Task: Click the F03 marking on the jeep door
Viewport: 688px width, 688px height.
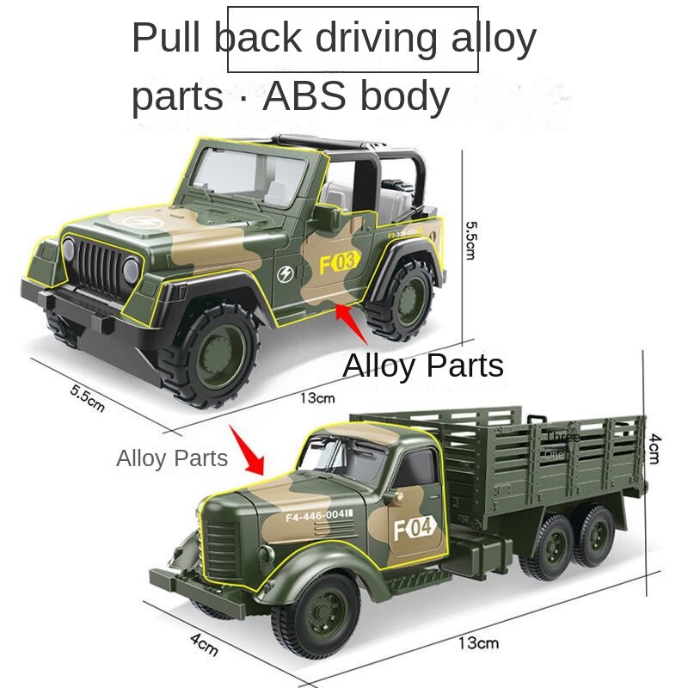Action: [338, 262]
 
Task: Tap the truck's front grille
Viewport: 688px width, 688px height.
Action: [221, 550]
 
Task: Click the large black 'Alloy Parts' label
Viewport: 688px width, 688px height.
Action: [423, 365]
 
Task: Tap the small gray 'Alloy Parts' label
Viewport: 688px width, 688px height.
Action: [172, 458]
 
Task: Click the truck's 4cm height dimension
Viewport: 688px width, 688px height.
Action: [654, 448]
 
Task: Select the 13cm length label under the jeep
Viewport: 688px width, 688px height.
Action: [317, 398]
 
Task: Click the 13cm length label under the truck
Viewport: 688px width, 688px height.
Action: [478, 642]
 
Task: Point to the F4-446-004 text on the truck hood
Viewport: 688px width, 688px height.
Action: [319, 515]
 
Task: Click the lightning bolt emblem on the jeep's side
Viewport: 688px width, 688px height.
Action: [286, 275]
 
